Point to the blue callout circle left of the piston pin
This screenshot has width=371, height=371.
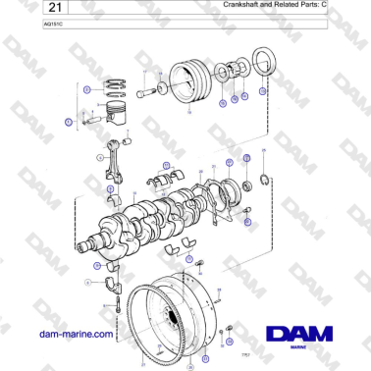[69, 123]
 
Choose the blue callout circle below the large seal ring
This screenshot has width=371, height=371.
[262, 91]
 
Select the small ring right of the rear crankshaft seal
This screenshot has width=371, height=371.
[264, 180]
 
